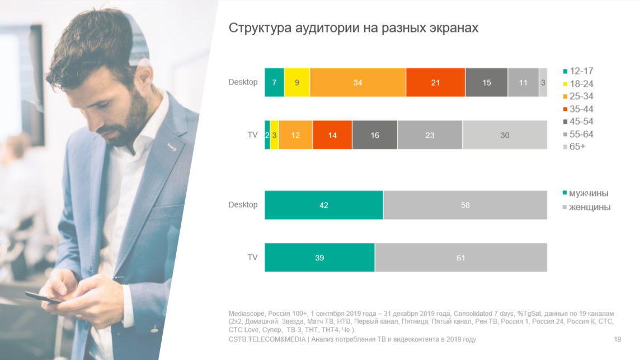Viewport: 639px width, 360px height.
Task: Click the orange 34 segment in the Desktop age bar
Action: [x=358, y=82]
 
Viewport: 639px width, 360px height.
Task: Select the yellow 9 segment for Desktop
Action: [x=297, y=82]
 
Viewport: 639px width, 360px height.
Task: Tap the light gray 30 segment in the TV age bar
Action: [x=505, y=135]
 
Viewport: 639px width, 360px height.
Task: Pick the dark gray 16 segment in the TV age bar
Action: [x=375, y=135]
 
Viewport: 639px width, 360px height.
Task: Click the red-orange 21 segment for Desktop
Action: [x=435, y=82]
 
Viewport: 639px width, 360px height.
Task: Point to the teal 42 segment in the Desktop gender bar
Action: [x=323, y=205]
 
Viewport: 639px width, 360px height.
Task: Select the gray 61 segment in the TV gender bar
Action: [x=461, y=258]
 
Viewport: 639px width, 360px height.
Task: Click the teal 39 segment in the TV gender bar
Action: [x=319, y=258]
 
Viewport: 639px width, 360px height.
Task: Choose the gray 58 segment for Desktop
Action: [x=465, y=205]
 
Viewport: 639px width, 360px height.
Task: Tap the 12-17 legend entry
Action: [x=581, y=71]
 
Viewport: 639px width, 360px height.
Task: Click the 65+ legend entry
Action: [x=576, y=147]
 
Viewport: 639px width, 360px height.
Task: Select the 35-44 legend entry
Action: [x=581, y=109]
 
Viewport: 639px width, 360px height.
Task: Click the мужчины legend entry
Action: [x=588, y=193]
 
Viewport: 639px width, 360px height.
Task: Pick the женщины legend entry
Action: [x=589, y=207]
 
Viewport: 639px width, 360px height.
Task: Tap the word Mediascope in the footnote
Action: [x=247, y=312]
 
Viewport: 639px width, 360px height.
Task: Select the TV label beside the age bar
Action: [x=252, y=134]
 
